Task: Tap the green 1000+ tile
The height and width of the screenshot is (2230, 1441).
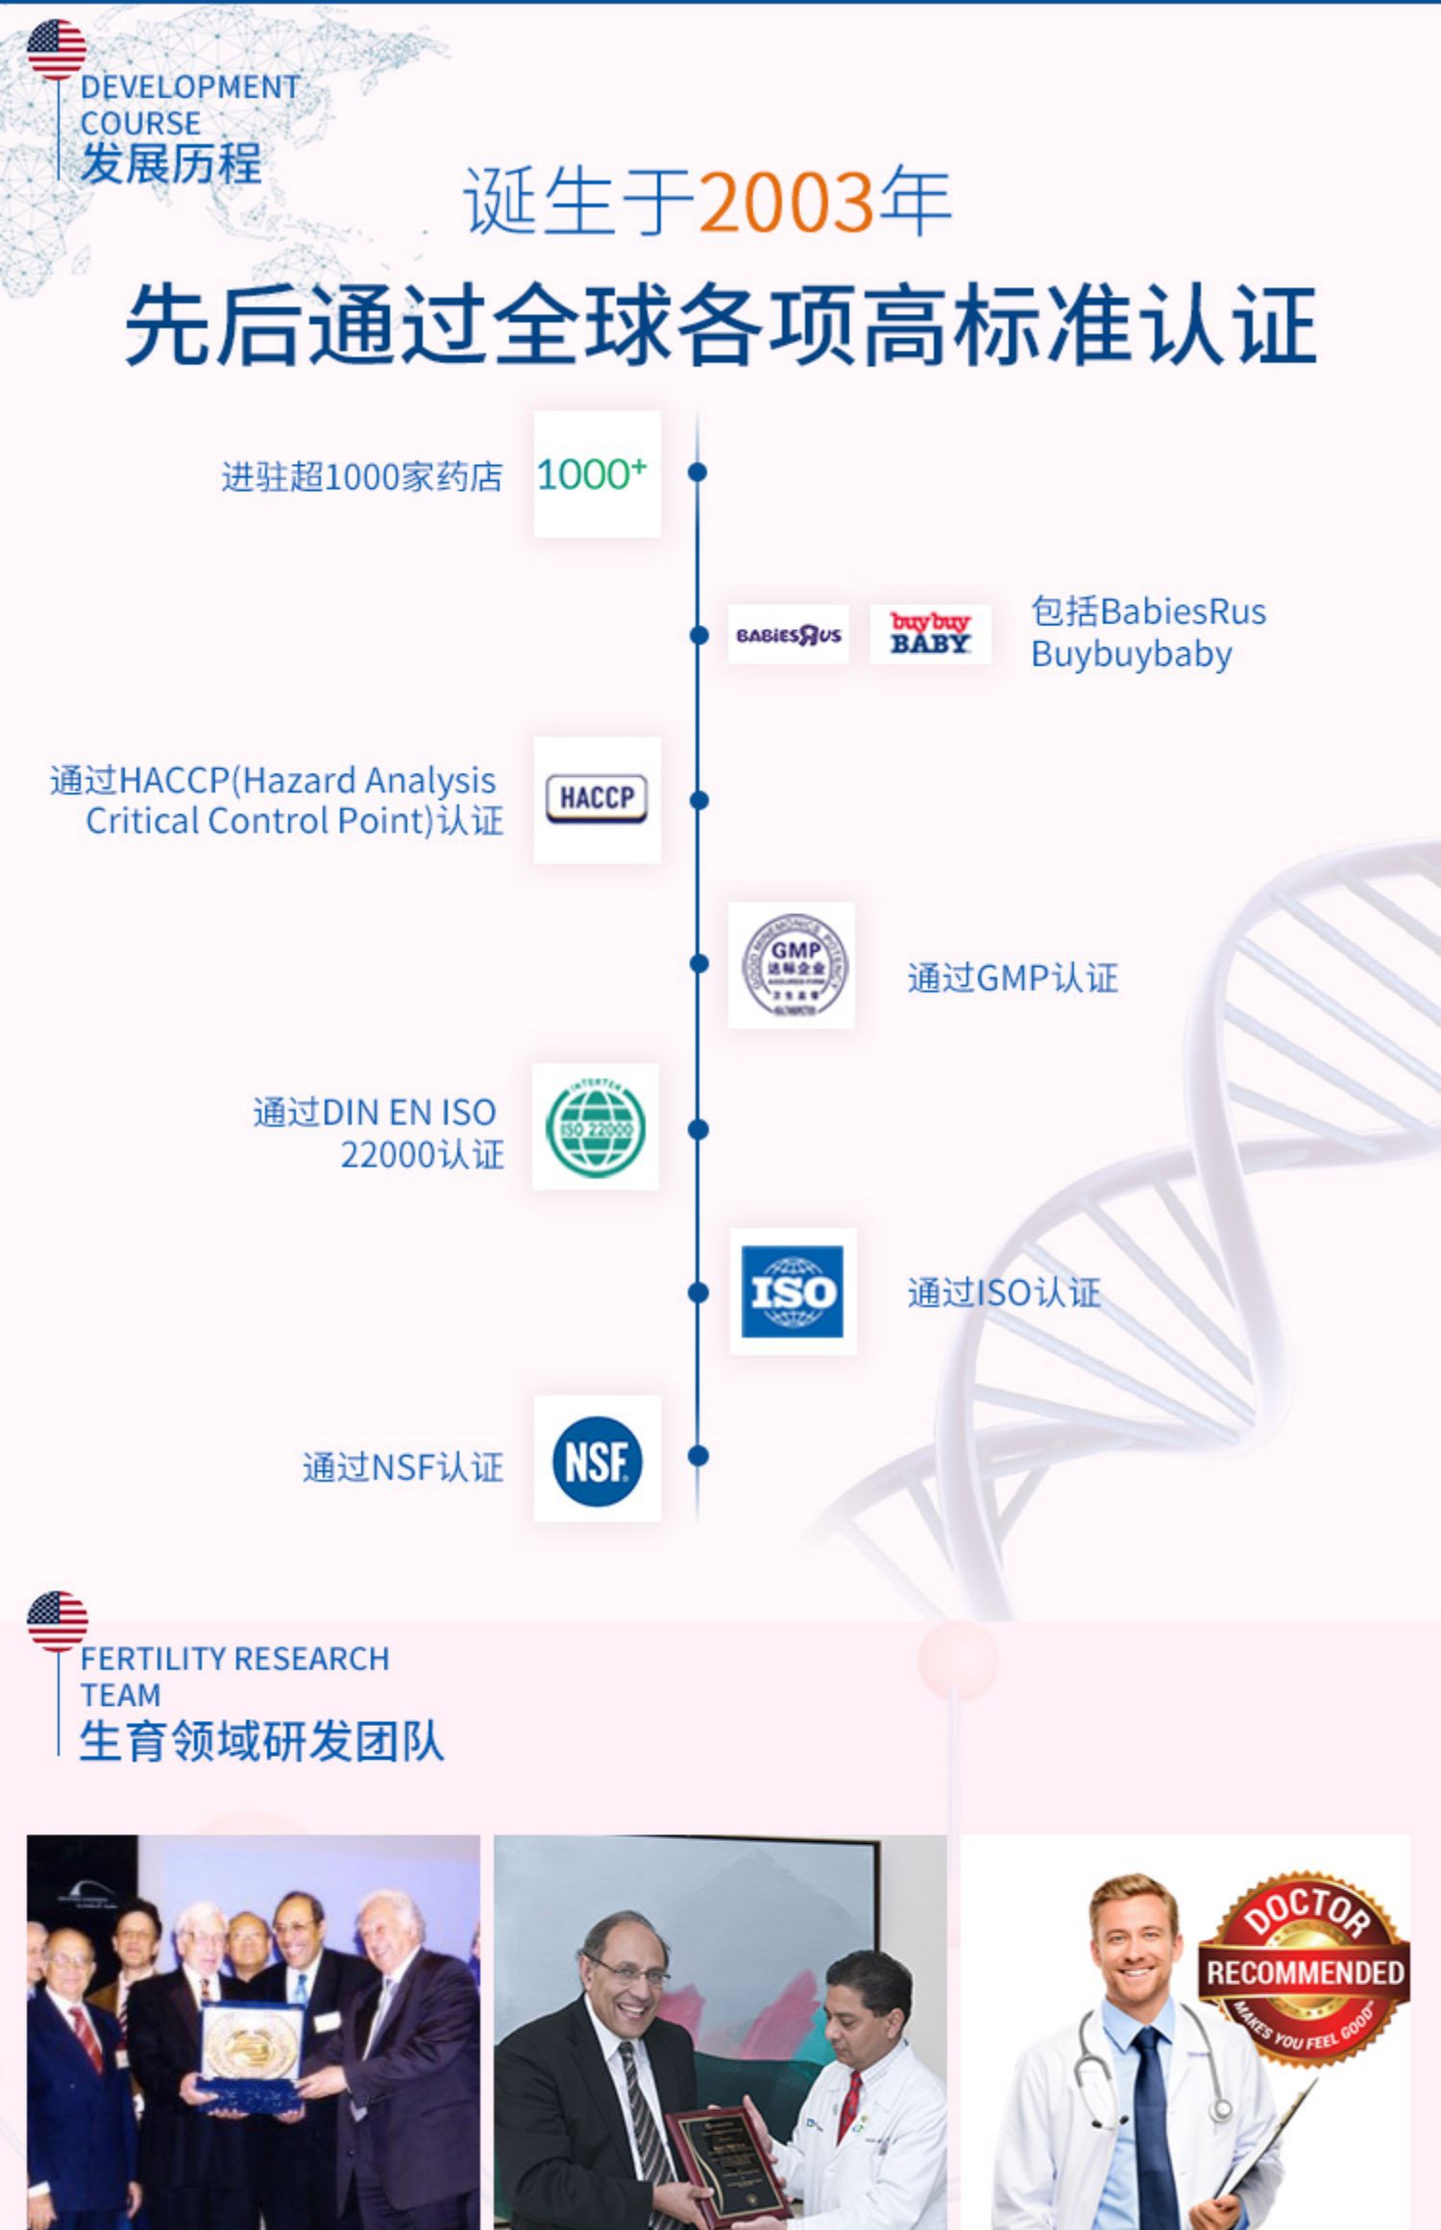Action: pos(597,474)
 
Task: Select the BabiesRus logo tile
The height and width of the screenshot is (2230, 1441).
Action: pos(788,635)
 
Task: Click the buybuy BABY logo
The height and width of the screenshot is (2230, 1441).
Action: pos(929,635)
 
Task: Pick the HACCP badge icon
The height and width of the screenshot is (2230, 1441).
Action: pos(597,799)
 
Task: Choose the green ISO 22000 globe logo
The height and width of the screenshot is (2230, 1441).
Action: pos(596,1127)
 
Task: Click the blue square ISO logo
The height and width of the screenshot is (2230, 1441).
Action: pos(793,1292)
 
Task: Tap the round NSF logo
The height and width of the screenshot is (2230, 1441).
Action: pos(597,1460)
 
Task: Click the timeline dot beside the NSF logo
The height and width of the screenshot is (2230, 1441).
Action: pos(698,1456)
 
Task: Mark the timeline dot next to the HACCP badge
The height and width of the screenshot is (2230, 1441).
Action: pos(698,799)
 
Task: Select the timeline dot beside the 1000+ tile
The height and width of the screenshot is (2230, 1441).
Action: pos(698,472)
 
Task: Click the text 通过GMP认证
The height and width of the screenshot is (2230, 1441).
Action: pos(1013,979)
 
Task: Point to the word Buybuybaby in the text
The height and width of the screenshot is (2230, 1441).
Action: pos(1131,655)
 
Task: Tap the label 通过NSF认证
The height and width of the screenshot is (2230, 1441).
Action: pos(403,1466)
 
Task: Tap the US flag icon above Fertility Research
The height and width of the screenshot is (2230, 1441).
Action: pos(58,1619)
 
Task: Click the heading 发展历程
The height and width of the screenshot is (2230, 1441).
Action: pos(171,162)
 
